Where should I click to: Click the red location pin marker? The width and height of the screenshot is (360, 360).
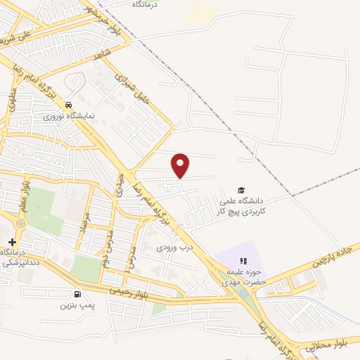tap(181, 165)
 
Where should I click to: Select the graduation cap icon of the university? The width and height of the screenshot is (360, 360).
tap(240, 191)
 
